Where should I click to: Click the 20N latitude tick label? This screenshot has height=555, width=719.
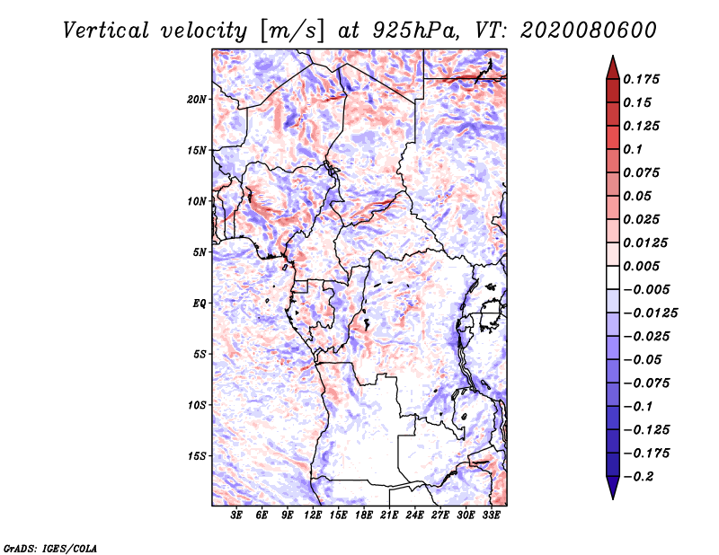pos(197,100)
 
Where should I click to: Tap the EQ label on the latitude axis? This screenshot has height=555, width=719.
pos(199,304)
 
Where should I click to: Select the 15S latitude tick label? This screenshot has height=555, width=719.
pos(197,456)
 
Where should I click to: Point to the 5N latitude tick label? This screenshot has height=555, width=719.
pos(200,252)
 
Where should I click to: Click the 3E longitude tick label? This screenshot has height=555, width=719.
pos(236,515)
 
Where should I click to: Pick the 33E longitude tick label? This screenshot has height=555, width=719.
pos(491,515)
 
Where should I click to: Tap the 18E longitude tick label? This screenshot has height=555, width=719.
pos(364,515)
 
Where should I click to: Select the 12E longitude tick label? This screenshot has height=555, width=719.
pos(313,515)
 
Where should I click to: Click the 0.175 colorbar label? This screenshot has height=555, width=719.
pos(641,79)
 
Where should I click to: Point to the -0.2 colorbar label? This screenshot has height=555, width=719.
pos(638,477)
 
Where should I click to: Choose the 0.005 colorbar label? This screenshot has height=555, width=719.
pos(641,266)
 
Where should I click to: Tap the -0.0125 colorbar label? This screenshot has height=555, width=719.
pos(650,313)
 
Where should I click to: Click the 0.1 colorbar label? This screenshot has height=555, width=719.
pos(633,149)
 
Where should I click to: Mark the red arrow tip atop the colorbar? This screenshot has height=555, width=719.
pos(613,56)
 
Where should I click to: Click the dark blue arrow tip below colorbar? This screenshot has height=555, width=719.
pos(613,498)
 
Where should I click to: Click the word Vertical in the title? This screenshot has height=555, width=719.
pos(105,31)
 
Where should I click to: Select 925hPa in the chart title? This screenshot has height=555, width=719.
pos(415,31)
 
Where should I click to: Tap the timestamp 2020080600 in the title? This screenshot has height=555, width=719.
pos(588,31)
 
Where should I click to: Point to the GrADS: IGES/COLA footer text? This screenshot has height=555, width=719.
pos(50,549)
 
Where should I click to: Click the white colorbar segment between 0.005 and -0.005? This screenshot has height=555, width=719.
pos(613,277)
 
